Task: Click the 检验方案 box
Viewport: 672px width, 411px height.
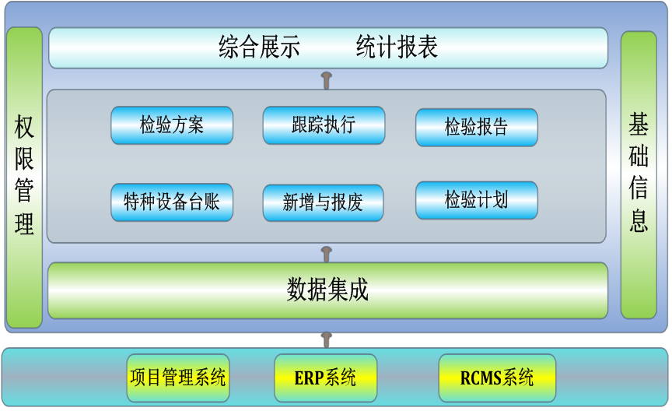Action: coord(172,125)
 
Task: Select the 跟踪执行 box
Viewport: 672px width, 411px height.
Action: coord(324,125)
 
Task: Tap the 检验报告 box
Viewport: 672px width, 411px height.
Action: coord(477,128)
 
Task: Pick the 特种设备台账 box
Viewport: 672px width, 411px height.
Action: coord(172,202)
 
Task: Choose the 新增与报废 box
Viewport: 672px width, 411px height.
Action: coord(323,203)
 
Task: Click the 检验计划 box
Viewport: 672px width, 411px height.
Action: coord(477,200)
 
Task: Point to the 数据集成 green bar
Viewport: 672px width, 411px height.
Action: coord(328,290)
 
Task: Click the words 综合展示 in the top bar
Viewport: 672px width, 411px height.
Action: coord(259,47)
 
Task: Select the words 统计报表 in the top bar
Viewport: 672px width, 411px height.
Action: coord(397,47)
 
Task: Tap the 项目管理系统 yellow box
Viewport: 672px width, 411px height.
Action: coord(178,378)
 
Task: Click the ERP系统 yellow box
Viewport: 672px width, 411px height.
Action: coord(325,378)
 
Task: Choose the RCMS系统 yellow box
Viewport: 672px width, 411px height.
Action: coord(497,378)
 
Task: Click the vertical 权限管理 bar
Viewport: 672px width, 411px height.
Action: coord(24,177)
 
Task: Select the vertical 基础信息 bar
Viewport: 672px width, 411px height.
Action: coord(639,175)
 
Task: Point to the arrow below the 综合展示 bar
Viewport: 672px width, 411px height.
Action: coord(327,80)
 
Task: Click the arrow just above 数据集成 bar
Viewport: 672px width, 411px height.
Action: coord(327,255)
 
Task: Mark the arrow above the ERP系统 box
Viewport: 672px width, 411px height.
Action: coord(327,340)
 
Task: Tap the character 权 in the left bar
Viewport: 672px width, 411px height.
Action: coord(24,127)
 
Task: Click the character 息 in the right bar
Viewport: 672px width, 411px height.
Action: coord(639,220)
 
